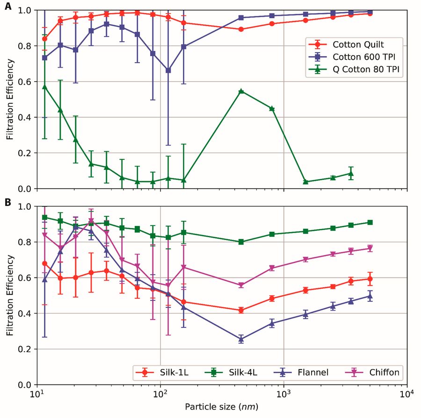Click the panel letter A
click(x=8, y=8)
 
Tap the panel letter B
click(x=8, y=203)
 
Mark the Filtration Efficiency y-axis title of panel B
click(x=10, y=295)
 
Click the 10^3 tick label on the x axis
click(x=283, y=395)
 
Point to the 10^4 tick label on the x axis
click(x=406, y=395)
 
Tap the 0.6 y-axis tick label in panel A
click(x=26, y=82)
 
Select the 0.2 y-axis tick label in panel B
click(x=26, y=349)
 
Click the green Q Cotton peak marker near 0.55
click(x=241, y=91)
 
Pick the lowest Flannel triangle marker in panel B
click(x=241, y=339)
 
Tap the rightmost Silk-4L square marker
click(x=370, y=222)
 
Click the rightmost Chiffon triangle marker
click(x=370, y=248)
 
